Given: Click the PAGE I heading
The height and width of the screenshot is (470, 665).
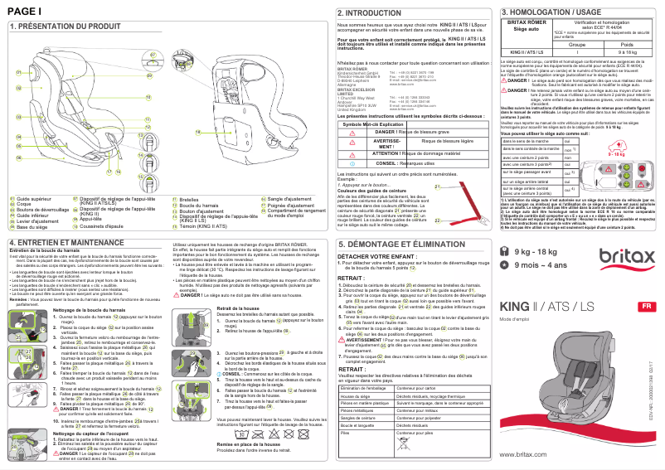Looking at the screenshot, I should (24, 10).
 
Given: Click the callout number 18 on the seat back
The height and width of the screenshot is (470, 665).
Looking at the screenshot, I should (198, 132).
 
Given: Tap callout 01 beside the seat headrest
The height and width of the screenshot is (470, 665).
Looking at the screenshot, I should (18, 73).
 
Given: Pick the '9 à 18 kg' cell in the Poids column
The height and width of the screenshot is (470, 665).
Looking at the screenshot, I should (627, 51).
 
